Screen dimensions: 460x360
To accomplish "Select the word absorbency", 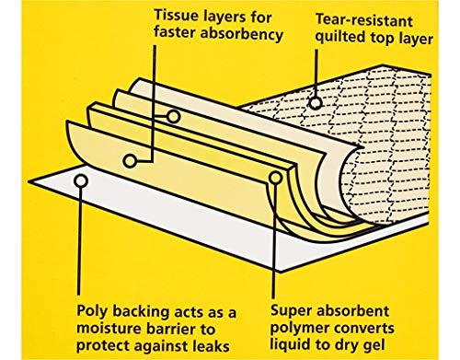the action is (x=241, y=33).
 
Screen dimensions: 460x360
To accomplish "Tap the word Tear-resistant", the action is (x=364, y=21).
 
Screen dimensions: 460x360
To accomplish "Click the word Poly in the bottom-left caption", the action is (x=92, y=312).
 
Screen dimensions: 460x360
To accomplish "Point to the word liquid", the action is (x=290, y=345).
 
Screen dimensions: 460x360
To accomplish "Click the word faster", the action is (x=175, y=33).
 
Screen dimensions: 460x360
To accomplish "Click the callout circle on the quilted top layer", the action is (x=316, y=103).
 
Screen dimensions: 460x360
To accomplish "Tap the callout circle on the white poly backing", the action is (x=81, y=180).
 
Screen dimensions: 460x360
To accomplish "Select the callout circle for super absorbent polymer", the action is (x=275, y=178).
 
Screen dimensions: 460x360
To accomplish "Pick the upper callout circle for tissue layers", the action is (x=173, y=117).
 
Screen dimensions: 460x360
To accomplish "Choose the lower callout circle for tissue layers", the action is (x=130, y=161).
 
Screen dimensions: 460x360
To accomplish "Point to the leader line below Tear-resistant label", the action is (x=316, y=73).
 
